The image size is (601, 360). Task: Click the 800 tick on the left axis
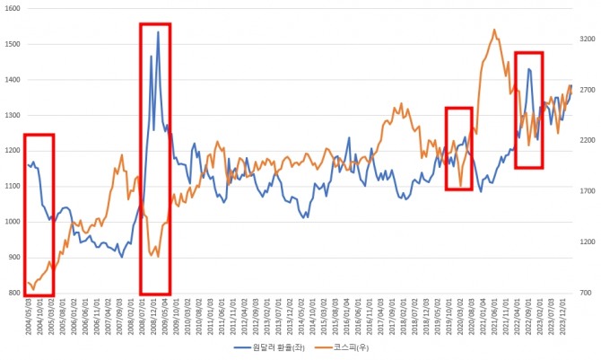13,294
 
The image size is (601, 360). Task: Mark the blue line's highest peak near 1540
158,32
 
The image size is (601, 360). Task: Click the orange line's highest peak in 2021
494,29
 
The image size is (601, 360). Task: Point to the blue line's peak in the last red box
529,68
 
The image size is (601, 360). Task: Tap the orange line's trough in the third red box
461,187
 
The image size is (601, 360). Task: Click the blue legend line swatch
242,347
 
